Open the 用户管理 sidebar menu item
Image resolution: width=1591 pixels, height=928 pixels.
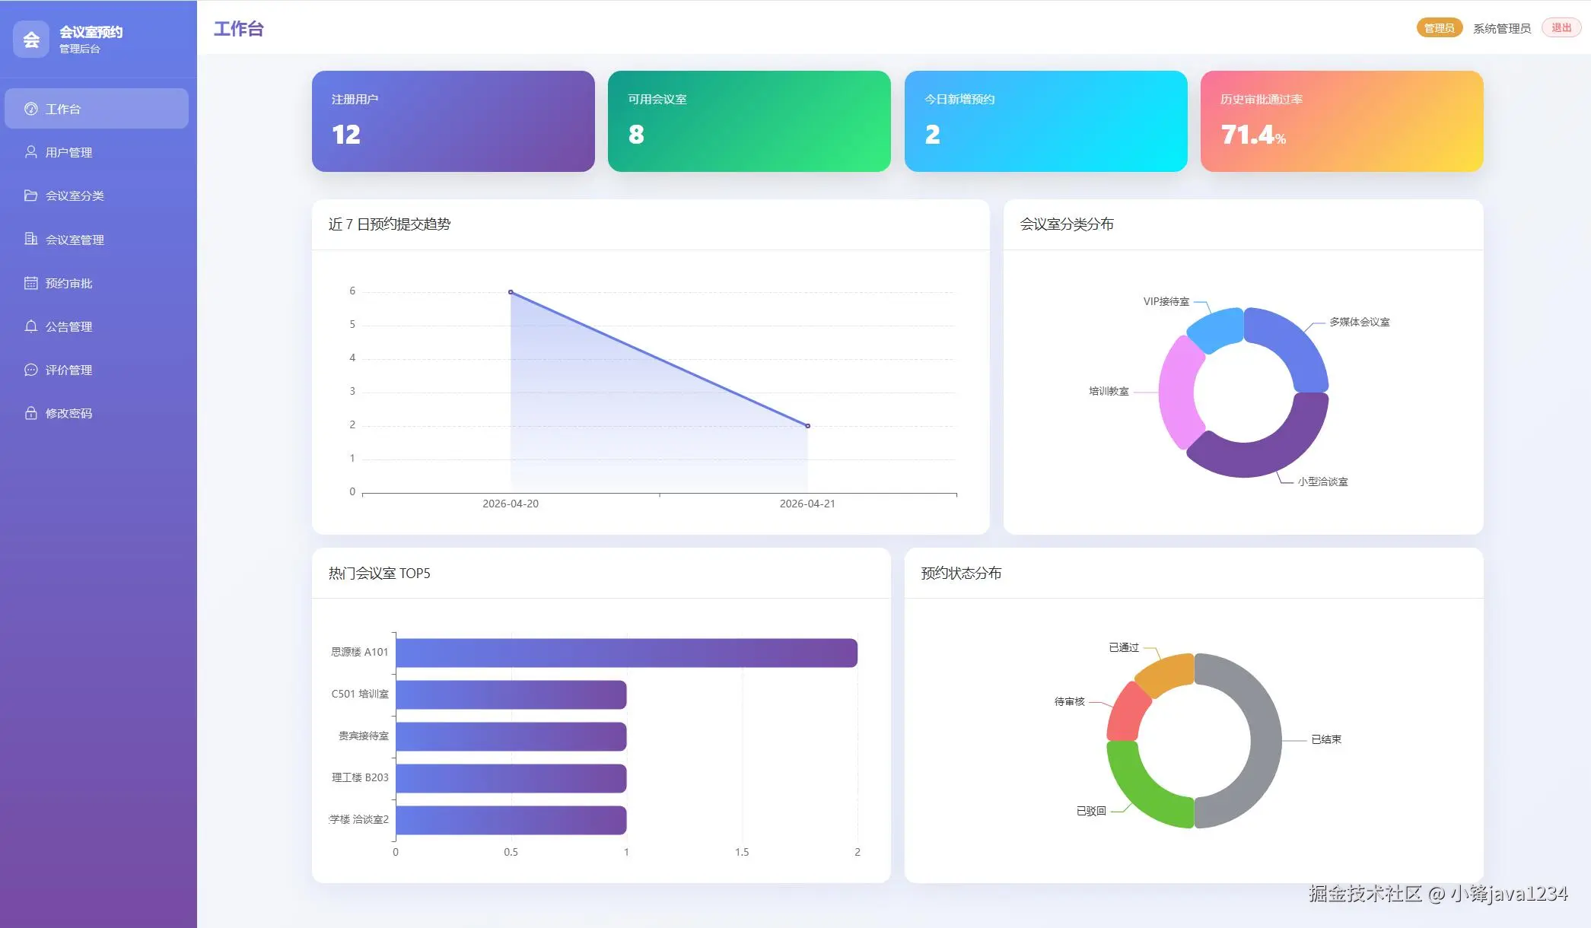coord(68,152)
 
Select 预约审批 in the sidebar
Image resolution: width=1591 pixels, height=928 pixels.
coord(68,283)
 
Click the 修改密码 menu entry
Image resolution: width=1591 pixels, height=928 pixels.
coord(68,413)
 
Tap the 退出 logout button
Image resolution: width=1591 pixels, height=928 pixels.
coord(1561,28)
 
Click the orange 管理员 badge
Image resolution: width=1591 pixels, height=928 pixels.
coord(1438,28)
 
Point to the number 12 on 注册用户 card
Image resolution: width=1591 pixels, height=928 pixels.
coord(346,135)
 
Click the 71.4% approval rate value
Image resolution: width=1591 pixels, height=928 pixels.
coord(1252,135)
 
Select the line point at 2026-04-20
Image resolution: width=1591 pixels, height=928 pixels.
coord(511,292)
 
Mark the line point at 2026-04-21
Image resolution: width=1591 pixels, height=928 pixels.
coord(807,426)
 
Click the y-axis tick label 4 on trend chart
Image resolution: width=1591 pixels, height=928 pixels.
coord(352,358)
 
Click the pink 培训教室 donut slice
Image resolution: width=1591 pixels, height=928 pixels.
coord(1177,392)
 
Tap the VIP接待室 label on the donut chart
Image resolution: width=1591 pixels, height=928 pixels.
coord(1166,302)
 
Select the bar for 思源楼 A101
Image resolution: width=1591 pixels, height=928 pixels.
coord(626,653)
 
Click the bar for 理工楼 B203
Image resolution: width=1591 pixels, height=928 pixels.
coord(511,778)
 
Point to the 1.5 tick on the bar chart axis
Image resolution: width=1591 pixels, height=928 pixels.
coord(742,852)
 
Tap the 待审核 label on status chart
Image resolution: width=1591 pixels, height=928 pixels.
coord(1069,701)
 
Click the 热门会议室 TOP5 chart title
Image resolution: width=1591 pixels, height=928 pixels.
coord(379,574)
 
